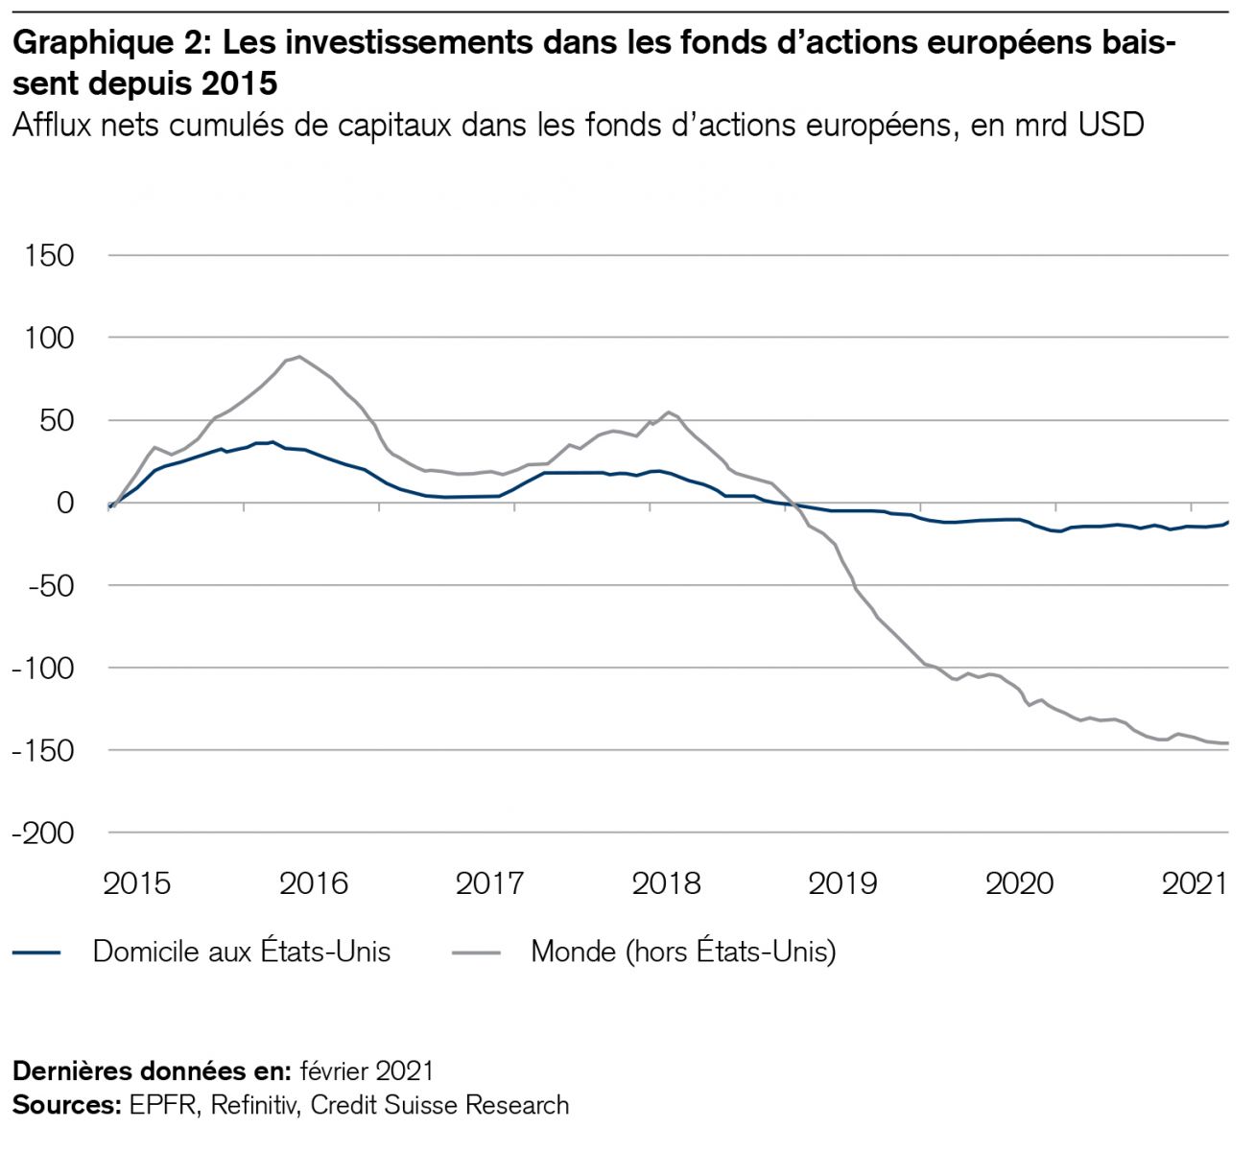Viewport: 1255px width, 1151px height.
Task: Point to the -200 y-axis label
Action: point(43,834)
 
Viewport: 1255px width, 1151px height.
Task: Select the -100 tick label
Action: point(43,669)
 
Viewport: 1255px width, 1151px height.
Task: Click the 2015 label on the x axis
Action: point(137,883)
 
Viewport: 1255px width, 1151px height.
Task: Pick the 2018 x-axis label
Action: point(666,883)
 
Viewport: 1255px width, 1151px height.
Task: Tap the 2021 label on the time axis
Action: point(1195,883)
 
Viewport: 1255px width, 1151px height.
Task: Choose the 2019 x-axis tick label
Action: point(842,883)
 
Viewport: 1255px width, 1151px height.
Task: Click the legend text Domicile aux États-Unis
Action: point(242,951)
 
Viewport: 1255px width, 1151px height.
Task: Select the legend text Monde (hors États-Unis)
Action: point(683,951)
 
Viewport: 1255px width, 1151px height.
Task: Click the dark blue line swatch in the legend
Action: point(37,952)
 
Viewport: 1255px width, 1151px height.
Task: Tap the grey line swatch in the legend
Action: point(475,952)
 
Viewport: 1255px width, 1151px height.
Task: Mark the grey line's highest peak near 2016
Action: point(299,357)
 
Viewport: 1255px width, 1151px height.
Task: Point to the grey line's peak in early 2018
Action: point(669,412)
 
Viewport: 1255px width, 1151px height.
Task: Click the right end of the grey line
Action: point(1227,743)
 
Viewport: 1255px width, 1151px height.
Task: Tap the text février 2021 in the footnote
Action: point(367,1070)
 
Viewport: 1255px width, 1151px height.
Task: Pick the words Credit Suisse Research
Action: point(439,1105)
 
